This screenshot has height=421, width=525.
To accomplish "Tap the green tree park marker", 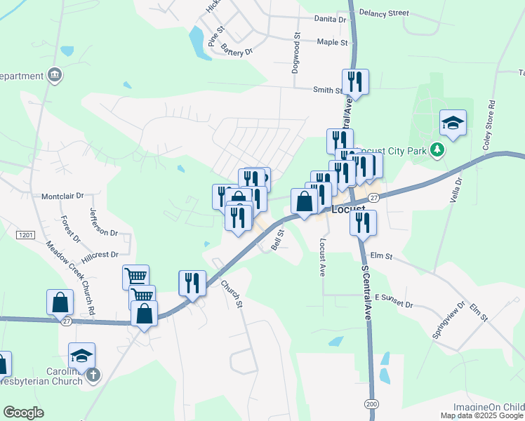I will click(x=437, y=149).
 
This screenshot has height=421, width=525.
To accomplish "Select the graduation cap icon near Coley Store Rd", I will click(x=453, y=123).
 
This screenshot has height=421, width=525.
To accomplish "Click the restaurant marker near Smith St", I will click(x=355, y=82).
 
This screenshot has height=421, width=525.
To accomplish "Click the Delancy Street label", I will click(x=383, y=13).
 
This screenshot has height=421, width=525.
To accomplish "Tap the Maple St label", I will click(x=332, y=43).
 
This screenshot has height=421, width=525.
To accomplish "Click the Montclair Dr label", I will click(x=62, y=196).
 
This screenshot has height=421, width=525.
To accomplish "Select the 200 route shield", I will click(x=370, y=403).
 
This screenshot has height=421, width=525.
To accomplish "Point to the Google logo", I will click(x=23, y=413).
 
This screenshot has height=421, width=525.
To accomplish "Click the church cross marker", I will click(x=94, y=375).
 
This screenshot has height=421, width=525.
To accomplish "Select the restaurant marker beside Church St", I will click(x=192, y=283).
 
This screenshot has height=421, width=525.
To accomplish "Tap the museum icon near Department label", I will click(x=55, y=75).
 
